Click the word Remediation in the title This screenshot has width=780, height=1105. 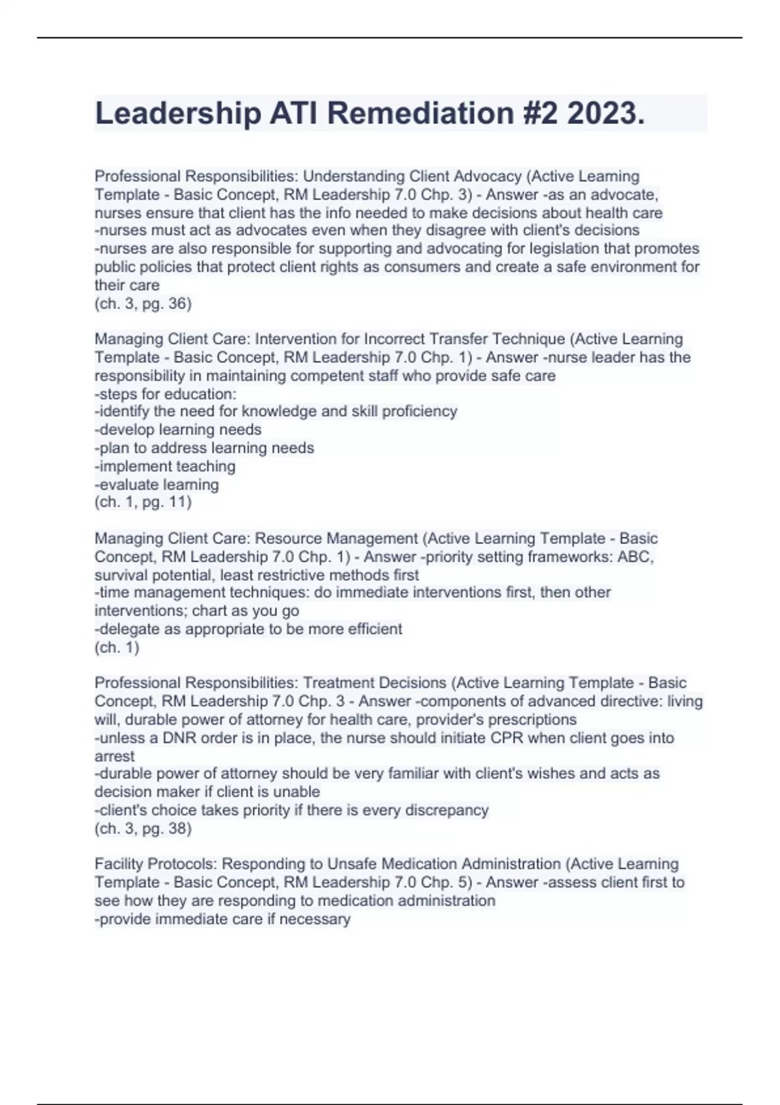click(420, 113)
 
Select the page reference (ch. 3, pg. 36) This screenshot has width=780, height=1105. click(143, 304)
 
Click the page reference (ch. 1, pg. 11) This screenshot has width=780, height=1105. click(143, 502)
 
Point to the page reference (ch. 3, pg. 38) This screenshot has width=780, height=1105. click(143, 828)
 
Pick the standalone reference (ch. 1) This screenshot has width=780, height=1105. click(117, 647)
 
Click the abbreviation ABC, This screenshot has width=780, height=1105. click(635, 557)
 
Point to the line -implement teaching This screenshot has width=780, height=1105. click(165, 466)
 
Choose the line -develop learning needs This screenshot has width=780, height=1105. click(178, 430)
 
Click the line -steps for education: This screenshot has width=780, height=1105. click(166, 394)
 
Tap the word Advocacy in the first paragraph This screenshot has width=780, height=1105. click(487, 176)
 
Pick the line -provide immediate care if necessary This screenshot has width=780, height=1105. click(222, 919)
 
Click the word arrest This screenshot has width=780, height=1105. click(114, 757)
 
